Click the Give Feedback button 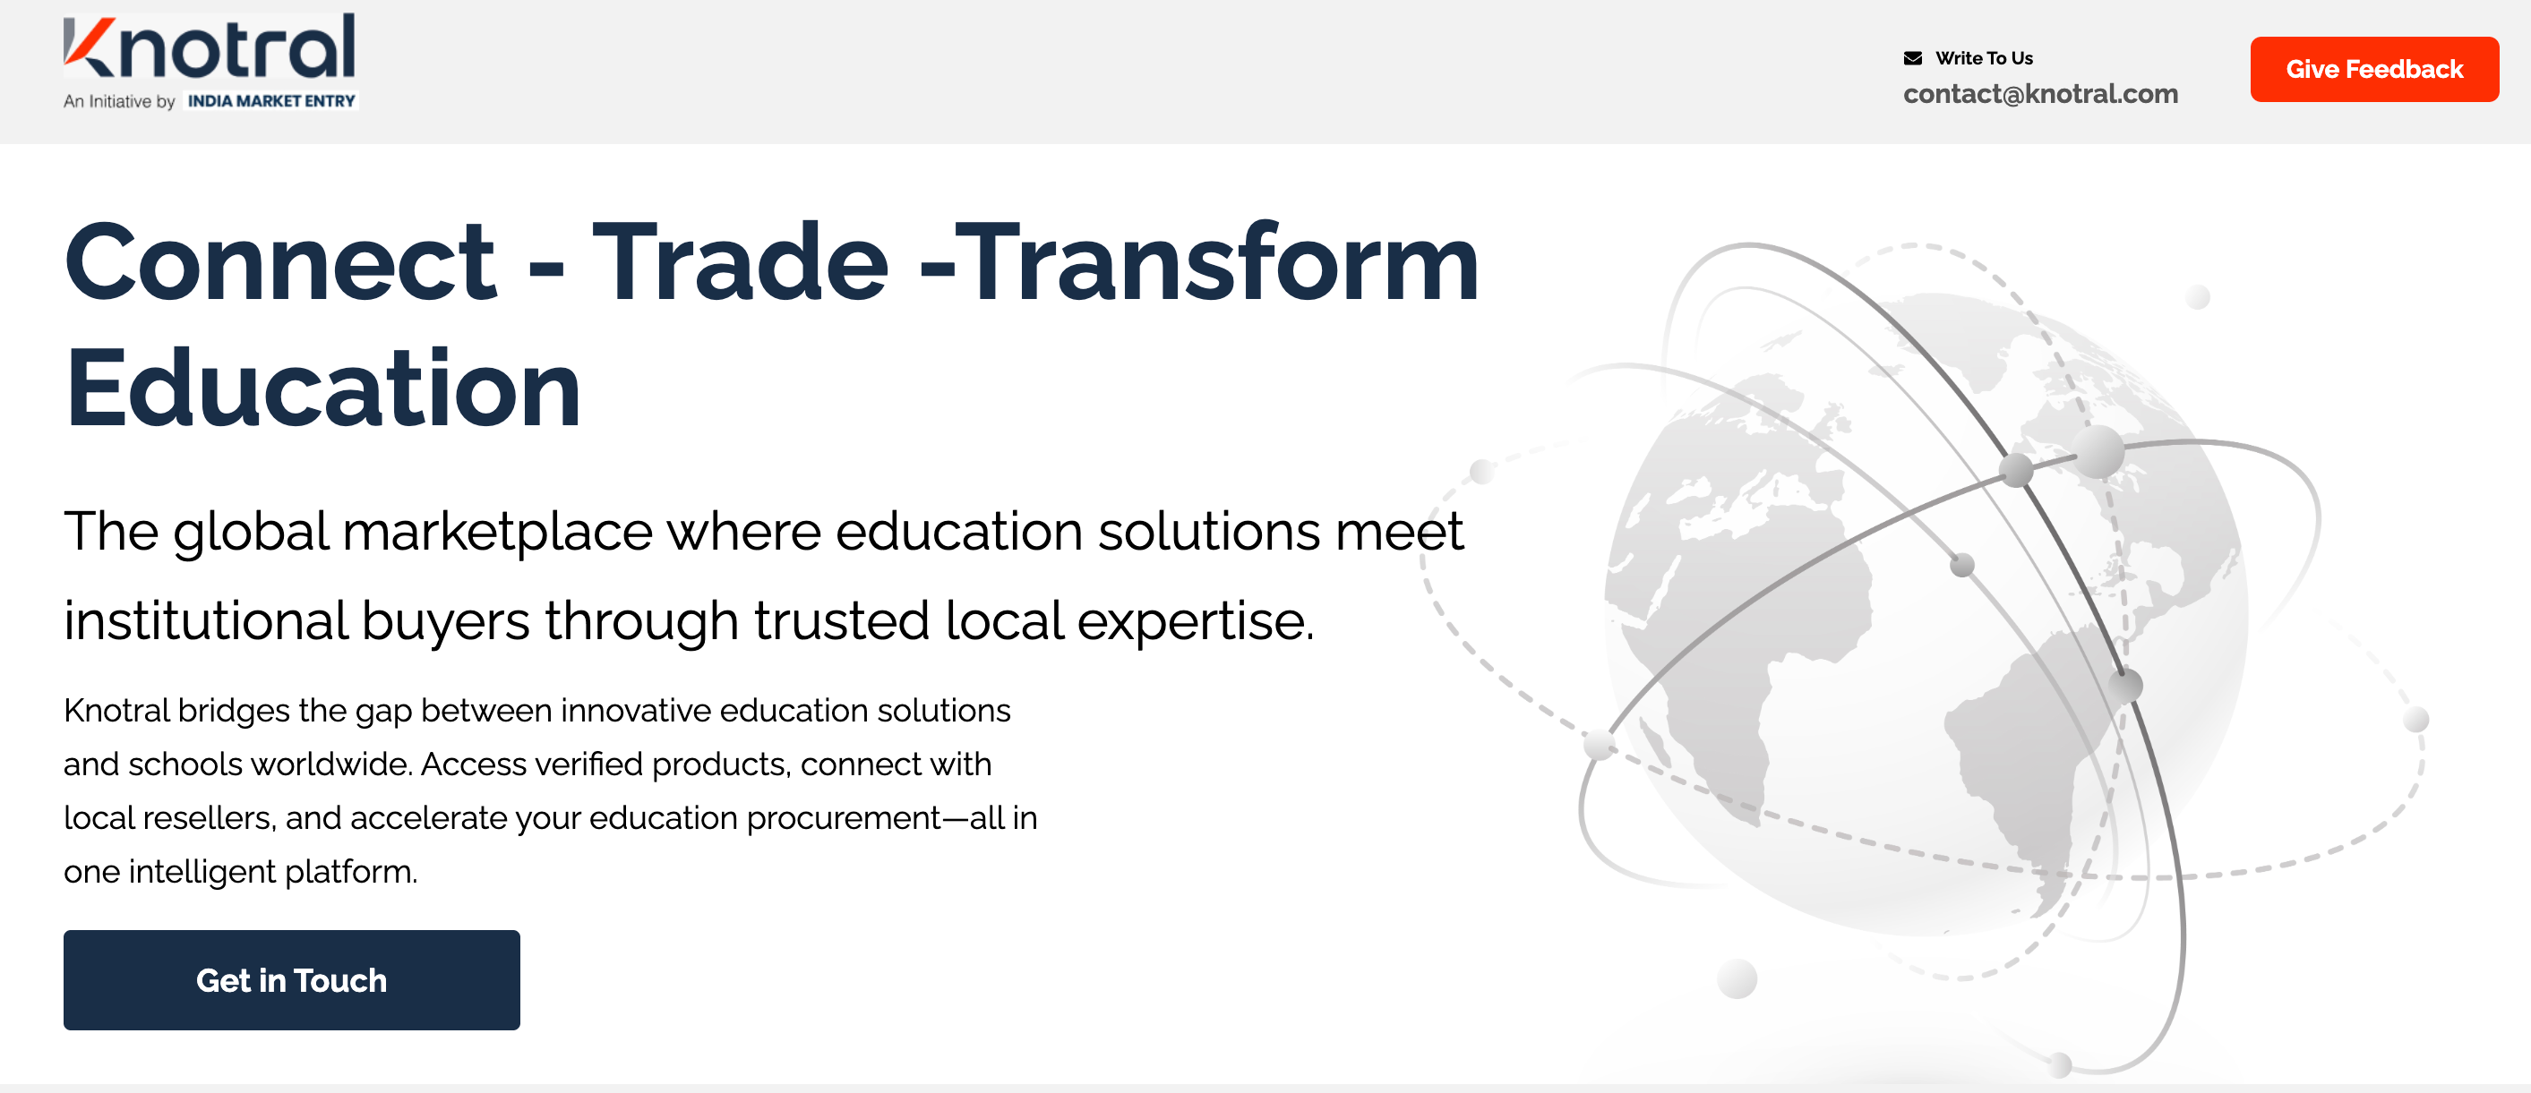click(2373, 69)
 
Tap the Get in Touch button click(292, 979)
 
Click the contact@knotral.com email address click(2039, 93)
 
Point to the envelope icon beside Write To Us click(1912, 58)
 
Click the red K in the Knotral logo click(90, 47)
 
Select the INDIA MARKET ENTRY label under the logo click(271, 101)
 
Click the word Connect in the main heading click(280, 262)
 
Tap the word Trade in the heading click(741, 262)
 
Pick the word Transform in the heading click(1217, 262)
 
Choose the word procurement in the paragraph click(843, 819)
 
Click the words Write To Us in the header click(1984, 58)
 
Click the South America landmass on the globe click(2024, 766)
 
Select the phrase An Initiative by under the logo click(119, 101)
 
